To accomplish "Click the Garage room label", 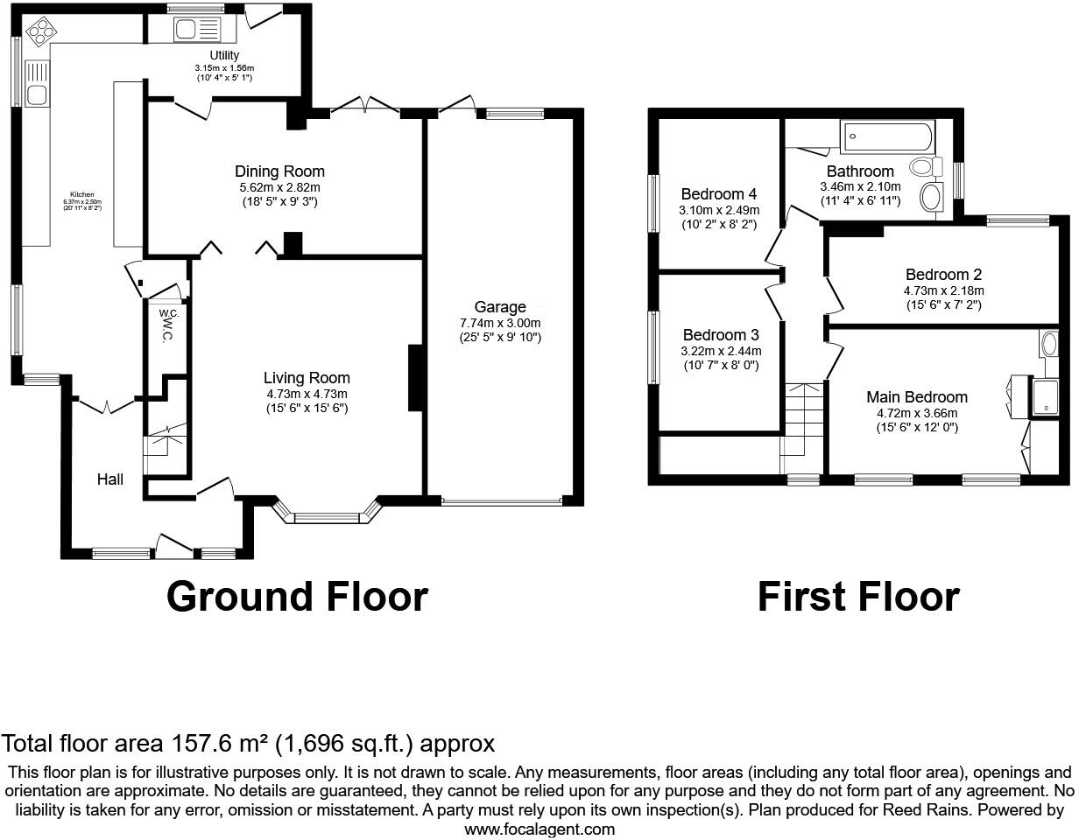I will [500, 307].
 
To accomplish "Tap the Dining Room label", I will [279, 171].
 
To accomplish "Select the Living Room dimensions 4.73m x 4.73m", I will [307, 394].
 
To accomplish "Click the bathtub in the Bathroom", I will [886, 137].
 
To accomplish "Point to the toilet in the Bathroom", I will [924, 166].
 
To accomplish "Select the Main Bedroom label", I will [917, 397].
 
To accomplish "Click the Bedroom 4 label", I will [719, 194].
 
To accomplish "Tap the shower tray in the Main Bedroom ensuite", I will [1047, 395].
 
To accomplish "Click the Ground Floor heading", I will [297, 597].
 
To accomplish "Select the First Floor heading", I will [857, 597].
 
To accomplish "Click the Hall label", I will [110, 479].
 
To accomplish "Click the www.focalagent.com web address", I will [539, 829].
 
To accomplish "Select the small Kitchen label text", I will [82, 194].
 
